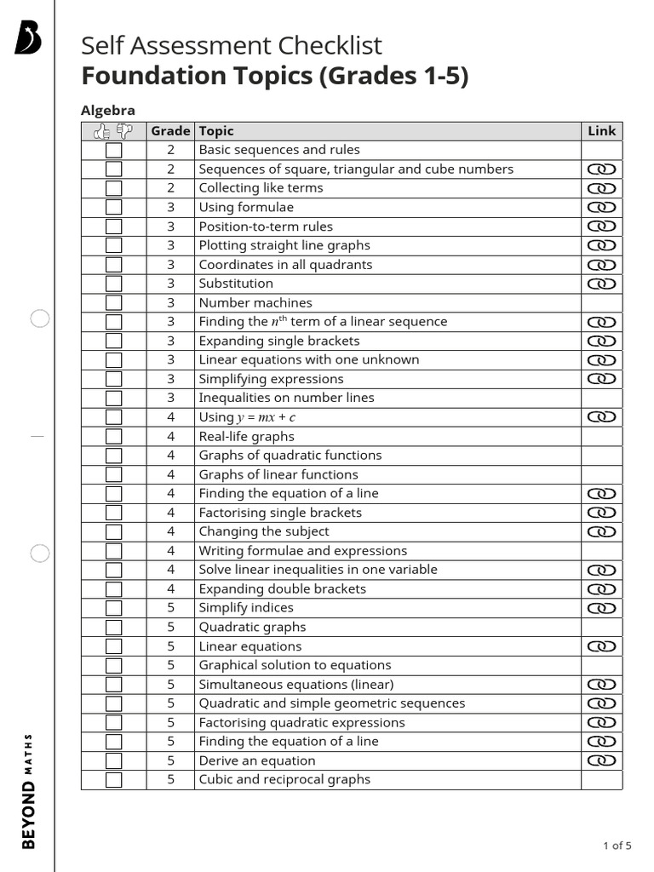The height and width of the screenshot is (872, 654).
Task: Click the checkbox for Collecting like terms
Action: [113, 188]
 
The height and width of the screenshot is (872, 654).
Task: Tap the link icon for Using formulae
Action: [601, 207]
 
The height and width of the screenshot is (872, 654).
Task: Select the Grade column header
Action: [170, 131]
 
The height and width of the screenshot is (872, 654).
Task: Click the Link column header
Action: [601, 131]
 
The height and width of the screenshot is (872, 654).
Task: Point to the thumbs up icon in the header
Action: [102, 131]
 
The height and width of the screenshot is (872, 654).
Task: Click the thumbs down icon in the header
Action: [124, 131]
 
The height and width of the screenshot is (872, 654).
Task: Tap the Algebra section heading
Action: [108, 110]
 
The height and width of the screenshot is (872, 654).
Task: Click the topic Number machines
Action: [255, 302]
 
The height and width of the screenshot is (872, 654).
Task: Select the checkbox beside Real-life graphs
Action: [113, 436]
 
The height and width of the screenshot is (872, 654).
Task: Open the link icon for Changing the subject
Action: [601, 531]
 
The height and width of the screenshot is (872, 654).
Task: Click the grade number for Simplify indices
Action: [170, 608]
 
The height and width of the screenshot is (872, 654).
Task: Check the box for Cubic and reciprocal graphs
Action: [113, 780]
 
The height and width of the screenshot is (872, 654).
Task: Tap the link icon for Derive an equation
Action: [601, 760]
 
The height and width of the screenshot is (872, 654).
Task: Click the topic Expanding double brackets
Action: [282, 588]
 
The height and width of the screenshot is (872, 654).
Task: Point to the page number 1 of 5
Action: [617, 846]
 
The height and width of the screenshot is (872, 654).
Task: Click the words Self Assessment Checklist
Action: [231, 45]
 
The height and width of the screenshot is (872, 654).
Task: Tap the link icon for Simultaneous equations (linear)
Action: [601, 685]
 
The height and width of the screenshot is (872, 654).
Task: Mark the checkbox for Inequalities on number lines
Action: [113, 398]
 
